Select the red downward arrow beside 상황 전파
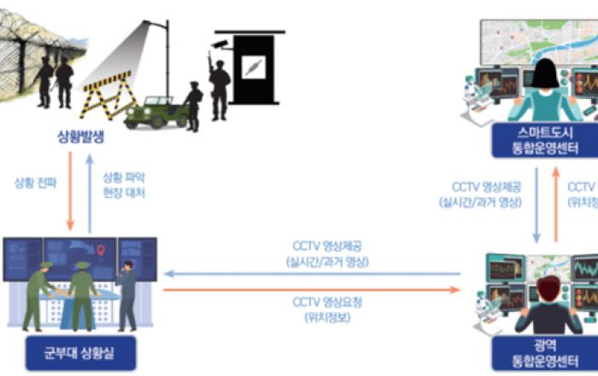point(67,192)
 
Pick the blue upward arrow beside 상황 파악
point(89,192)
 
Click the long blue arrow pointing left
point(312,274)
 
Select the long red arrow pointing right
point(312,291)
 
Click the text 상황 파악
point(124,178)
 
